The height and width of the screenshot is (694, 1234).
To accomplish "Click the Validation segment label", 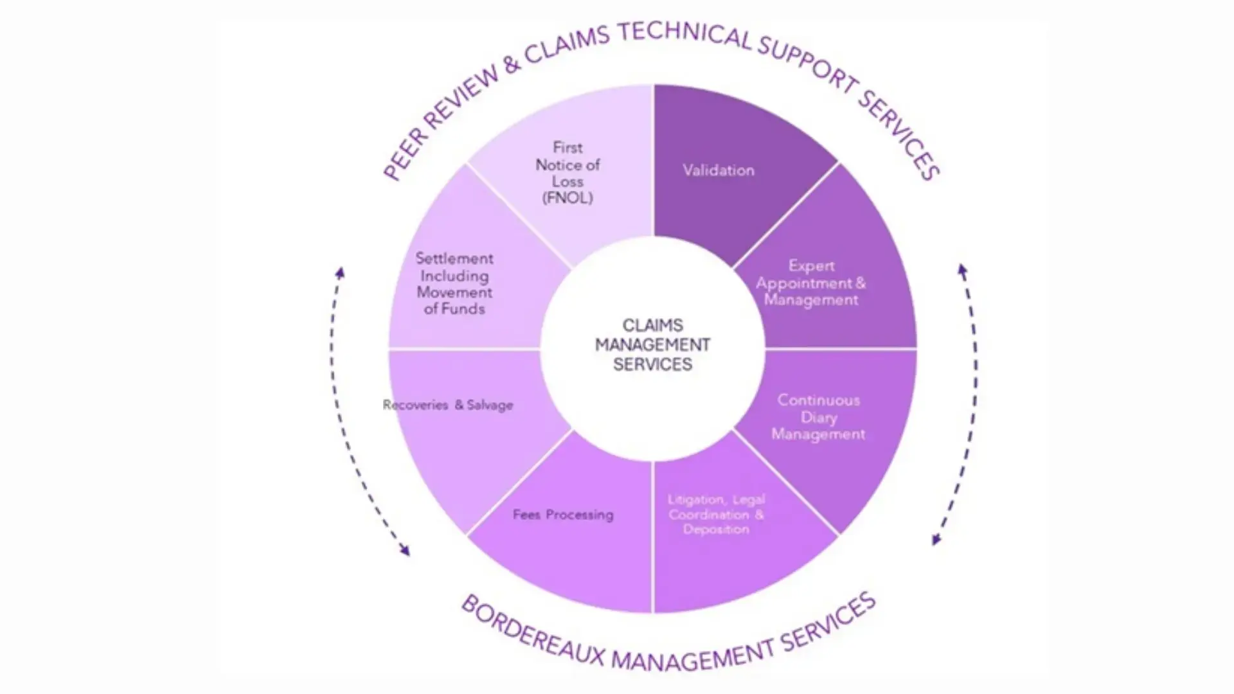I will click(x=718, y=170).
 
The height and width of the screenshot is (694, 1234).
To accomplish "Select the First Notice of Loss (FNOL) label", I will click(x=568, y=173).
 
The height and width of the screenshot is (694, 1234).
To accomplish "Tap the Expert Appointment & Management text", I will click(x=810, y=283).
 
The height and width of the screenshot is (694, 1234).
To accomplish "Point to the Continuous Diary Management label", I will click(x=818, y=417).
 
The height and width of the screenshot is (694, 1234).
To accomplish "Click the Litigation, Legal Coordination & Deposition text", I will click(x=716, y=514).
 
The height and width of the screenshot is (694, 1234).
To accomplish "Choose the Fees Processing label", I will click(x=563, y=514).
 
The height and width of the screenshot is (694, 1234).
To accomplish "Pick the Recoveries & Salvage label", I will click(x=448, y=405).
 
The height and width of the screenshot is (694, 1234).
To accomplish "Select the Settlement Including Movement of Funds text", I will click(x=454, y=283).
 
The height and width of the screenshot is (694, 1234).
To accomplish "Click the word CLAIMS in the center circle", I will click(x=652, y=325).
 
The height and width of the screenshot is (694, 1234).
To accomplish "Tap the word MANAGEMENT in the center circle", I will click(x=652, y=345).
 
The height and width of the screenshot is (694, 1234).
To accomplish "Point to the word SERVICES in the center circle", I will click(x=652, y=364).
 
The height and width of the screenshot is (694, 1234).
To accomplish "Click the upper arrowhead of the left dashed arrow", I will click(x=341, y=272).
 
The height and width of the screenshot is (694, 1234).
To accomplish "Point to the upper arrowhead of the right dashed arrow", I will click(x=962, y=270).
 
